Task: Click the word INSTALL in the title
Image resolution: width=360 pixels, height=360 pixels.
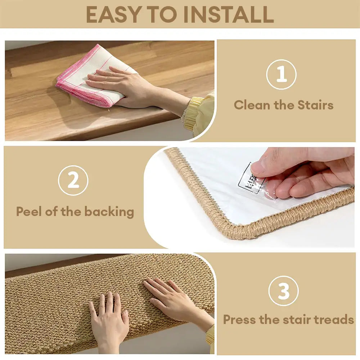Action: click(x=228, y=14)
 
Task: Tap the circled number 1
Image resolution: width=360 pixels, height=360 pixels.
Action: click(x=281, y=75)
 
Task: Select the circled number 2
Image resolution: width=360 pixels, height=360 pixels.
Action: click(x=73, y=180)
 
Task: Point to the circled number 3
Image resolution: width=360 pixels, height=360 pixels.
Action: click(x=284, y=291)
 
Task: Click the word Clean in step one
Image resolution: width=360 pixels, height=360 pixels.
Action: click(x=252, y=105)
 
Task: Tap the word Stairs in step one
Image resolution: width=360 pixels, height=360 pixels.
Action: click(x=315, y=105)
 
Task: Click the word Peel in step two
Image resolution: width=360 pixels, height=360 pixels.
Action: click(x=29, y=211)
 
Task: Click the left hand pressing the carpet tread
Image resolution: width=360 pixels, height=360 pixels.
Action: click(x=108, y=317)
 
